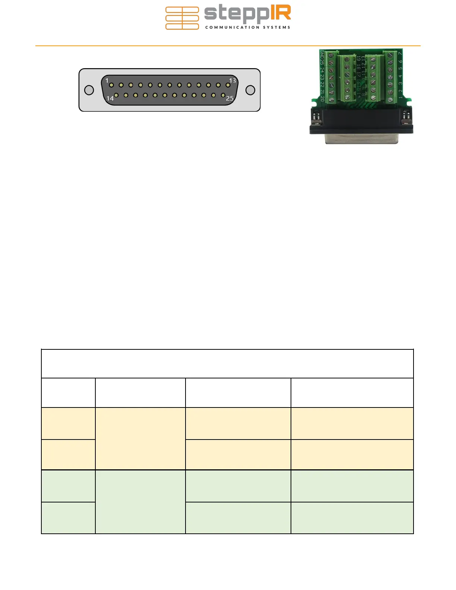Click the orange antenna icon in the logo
(x=182, y=18)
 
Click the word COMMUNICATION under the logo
(x=232, y=27)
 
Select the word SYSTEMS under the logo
(x=276, y=27)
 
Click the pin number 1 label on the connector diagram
(x=107, y=80)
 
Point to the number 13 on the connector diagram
(x=232, y=80)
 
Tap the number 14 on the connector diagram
(x=110, y=98)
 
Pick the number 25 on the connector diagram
(x=229, y=98)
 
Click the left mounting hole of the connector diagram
(x=89, y=90)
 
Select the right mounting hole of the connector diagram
(x=250, y=90)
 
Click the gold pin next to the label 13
(x=228, y=85)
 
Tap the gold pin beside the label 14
(x=116, y=95)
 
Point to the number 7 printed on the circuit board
(x=400, y=54)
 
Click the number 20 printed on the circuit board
(x=322, y=99)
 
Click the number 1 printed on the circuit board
(x=400, y=98)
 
